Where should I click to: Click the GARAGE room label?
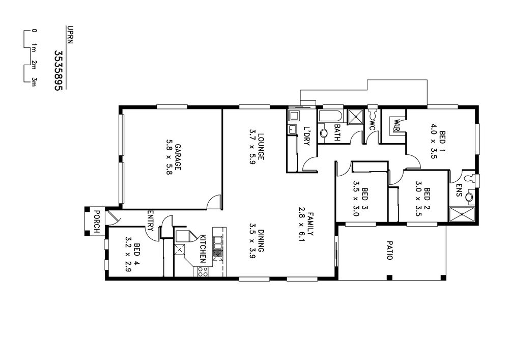[x=178, y=157]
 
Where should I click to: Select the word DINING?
[x=261, y=241]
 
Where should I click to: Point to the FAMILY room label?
[x=310, y=224]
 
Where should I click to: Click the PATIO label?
[x=389, y=250]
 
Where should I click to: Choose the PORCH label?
[x=96, y=221]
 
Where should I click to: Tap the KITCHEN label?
[x=202, y=248]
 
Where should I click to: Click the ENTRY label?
[x=150, y=220]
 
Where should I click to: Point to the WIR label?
[x=397, y=125]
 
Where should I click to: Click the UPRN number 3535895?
[x=58, y=70]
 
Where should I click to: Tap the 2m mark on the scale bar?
[x=34, y=65]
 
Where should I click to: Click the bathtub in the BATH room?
[x=330, y=117]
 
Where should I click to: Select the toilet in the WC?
[x=373, y=113]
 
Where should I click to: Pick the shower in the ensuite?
[x=462, y=214]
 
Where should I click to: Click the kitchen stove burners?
[x=203, y=272]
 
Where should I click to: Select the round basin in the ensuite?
[x=469, y=197]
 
